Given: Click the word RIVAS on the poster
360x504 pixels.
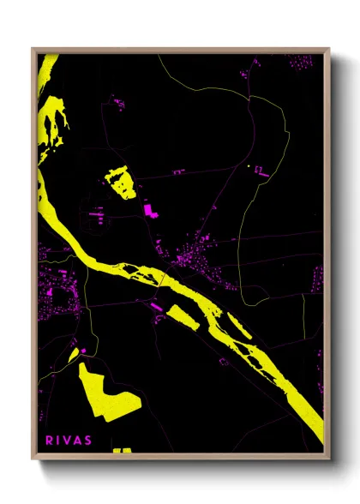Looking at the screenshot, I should tap(69, 441).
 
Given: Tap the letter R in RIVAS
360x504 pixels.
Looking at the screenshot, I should tap(49, 441).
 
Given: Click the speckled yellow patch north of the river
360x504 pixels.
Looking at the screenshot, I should tap(121, 183).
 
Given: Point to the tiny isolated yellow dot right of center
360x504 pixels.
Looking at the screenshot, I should tap(248, 165).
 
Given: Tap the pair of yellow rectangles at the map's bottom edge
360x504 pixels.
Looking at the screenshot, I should tap(122, 450).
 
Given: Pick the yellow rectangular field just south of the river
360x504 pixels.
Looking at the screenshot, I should tap(183, 315).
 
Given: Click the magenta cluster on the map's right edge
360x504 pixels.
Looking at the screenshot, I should tap(317, 279).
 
